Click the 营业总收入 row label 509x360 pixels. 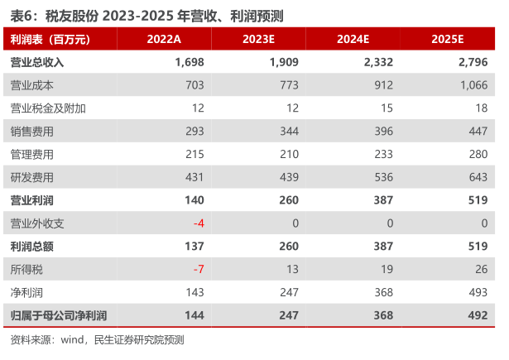click(x=37, y=62)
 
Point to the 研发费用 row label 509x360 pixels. click(x=32, y=177)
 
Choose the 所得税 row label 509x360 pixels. click(x=26, y=270)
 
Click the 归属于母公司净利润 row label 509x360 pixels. click(x=59, y=316)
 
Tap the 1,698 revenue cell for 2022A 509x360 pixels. click(x=190, y=62)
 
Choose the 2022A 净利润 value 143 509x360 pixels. click(x=194, y=293)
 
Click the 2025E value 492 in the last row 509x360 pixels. click(x=478, y=316)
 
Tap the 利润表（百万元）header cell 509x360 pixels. click(x=50, y=39)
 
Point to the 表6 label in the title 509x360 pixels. click(x=20, y=13)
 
